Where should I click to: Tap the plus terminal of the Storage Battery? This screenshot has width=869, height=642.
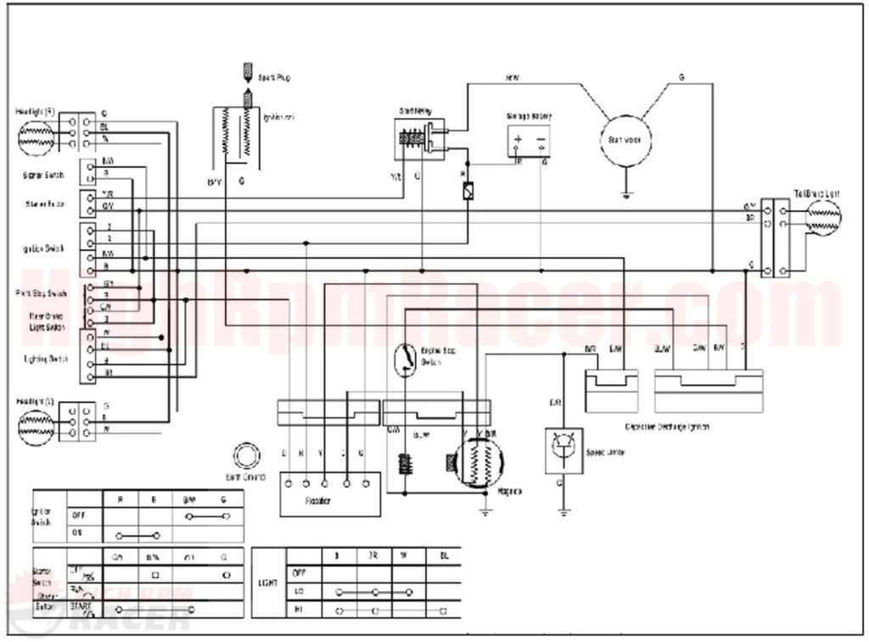(x=519, y=137)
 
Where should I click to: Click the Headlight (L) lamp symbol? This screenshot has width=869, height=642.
(x=36, y=421)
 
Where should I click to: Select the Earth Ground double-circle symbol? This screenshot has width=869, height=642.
(x=247, y=455)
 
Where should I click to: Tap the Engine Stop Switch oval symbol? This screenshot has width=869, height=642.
(x=406, y=360)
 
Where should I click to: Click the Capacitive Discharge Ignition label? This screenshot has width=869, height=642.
(x=666, y=427)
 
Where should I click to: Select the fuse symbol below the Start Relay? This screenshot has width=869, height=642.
(x=468, y=193)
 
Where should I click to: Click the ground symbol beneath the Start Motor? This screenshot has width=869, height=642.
(x=625, y=194)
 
